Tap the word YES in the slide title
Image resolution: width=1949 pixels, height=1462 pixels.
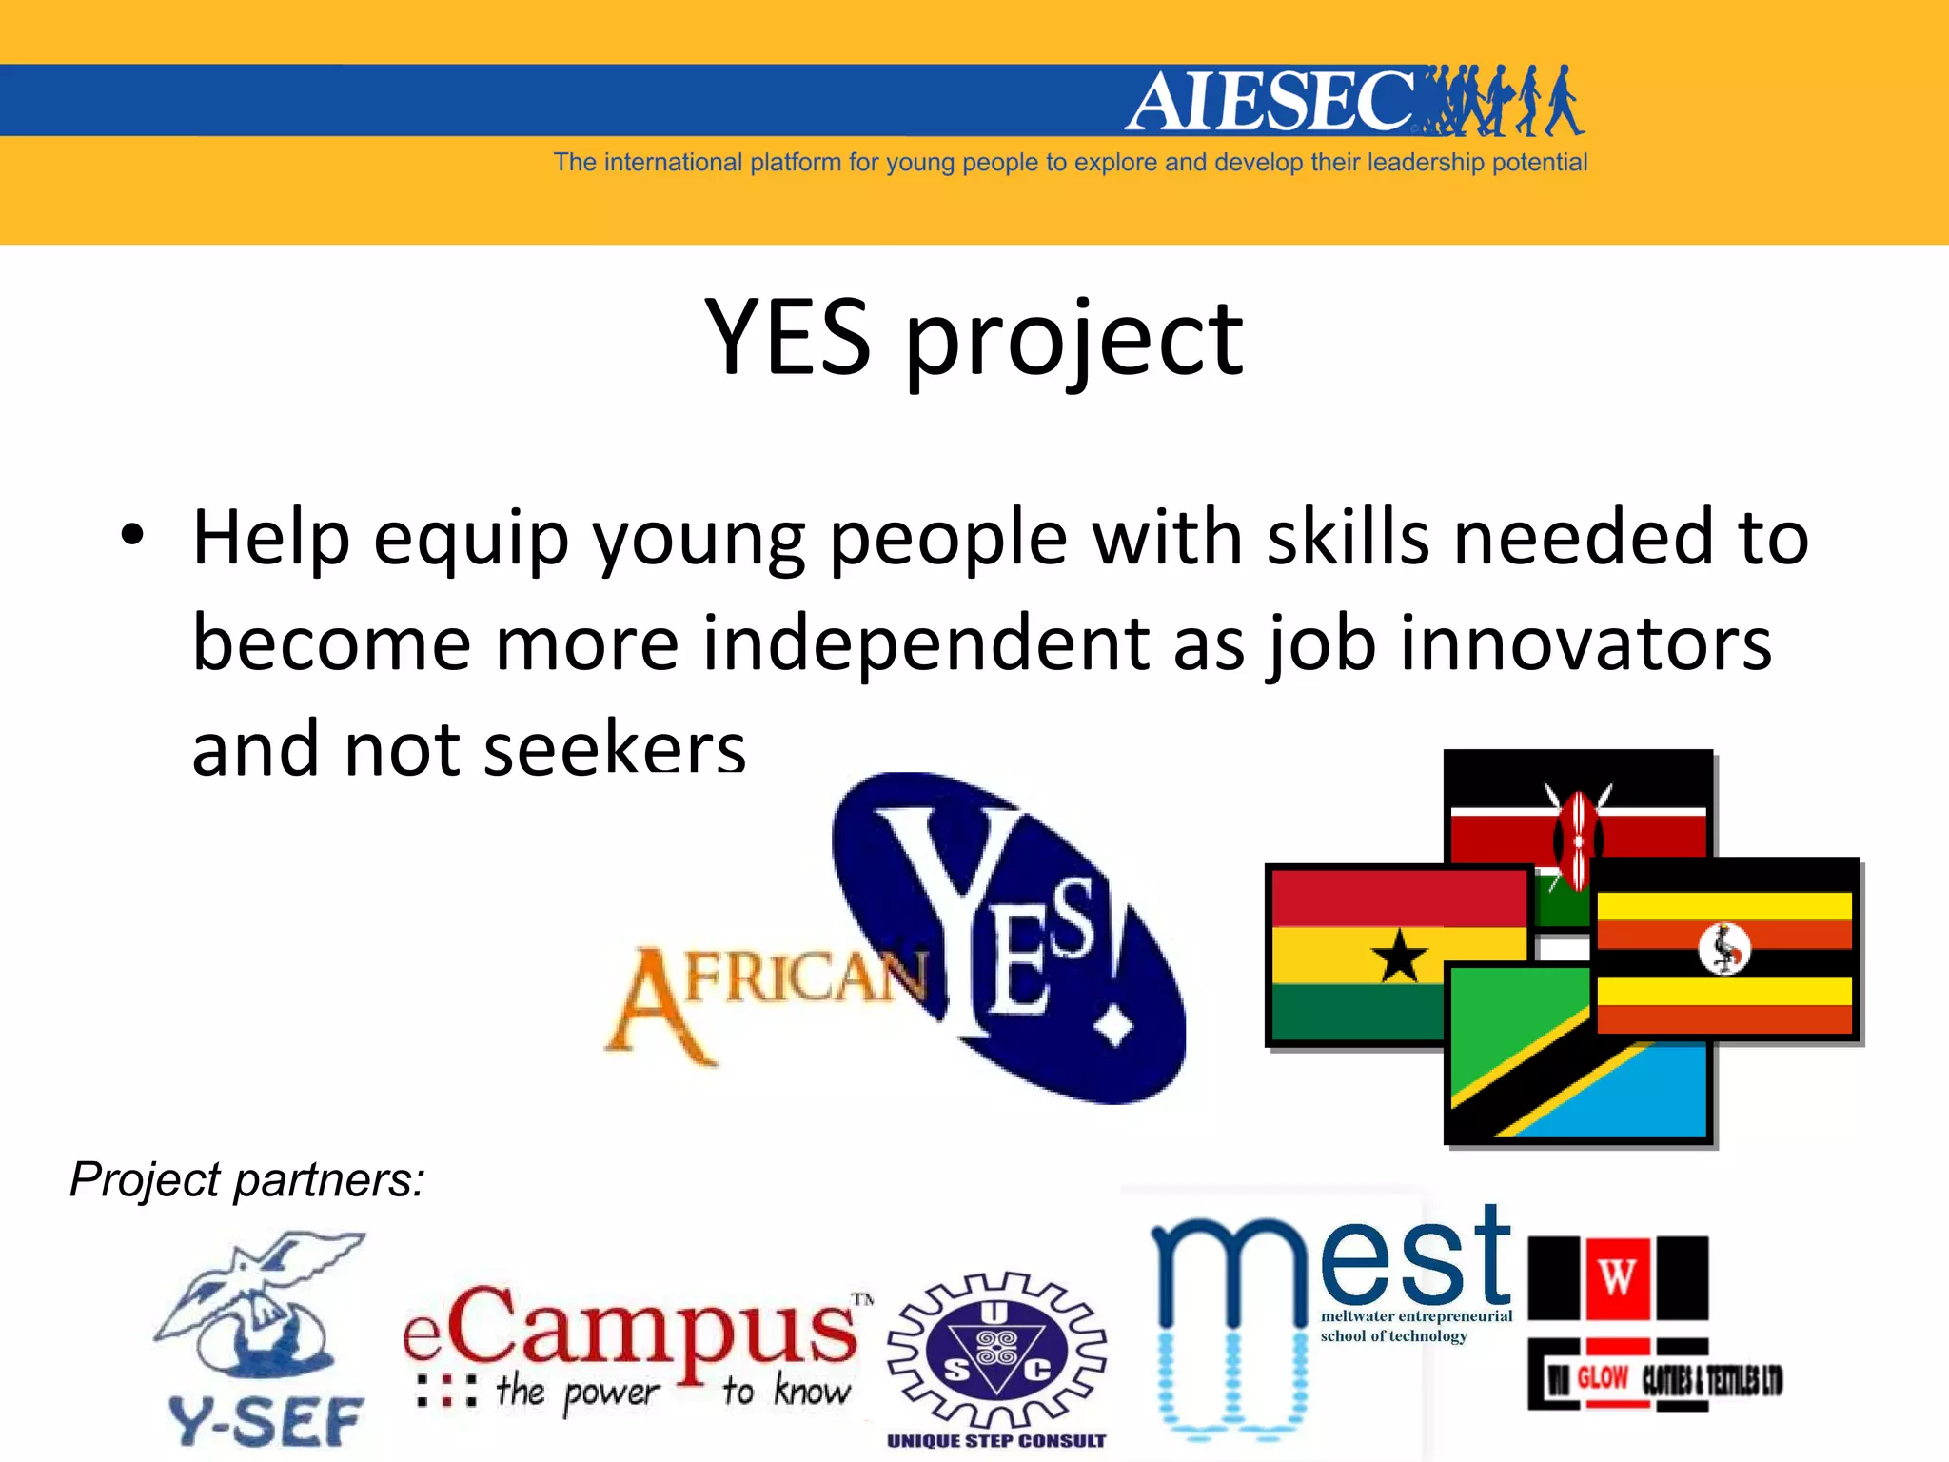(787, 338)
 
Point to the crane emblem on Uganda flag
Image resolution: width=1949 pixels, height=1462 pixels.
(1724, 948)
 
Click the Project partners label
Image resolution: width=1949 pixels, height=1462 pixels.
(246, 1180)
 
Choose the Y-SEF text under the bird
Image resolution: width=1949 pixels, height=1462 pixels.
(266, 1421)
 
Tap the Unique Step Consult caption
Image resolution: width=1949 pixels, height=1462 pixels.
(996, 1441)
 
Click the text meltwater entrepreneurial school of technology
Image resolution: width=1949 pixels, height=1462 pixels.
(1414, 1326)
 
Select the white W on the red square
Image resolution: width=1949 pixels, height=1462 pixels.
(1618, 1277)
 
